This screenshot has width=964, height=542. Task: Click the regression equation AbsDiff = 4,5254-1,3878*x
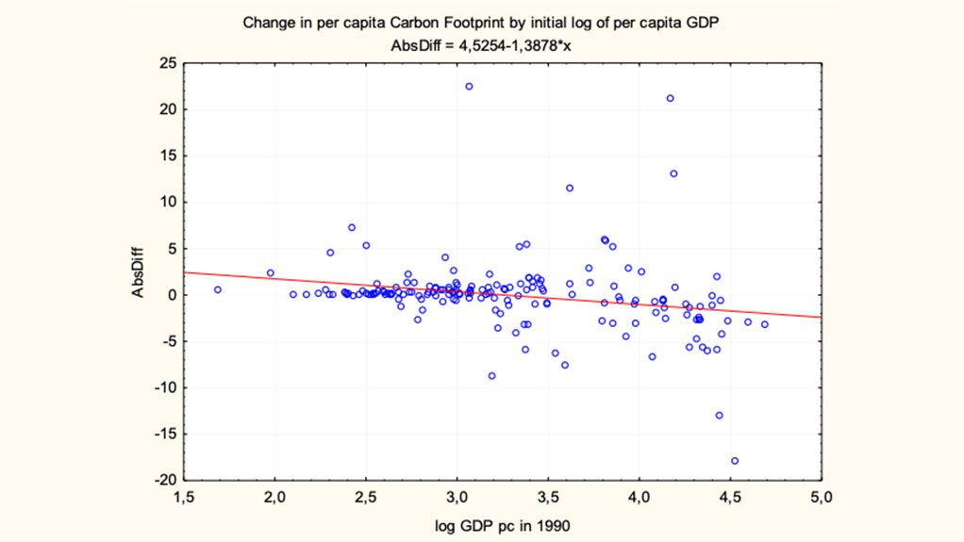point(481,43)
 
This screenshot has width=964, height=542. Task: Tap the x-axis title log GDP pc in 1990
point(502,524)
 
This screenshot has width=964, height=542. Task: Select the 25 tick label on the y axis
point(166,63)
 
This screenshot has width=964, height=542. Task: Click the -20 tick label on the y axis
point(164,480)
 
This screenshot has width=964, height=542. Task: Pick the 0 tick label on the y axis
point(171,295)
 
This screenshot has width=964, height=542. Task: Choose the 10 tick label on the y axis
point(166,202)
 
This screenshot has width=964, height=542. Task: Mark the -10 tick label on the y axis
point(164,387)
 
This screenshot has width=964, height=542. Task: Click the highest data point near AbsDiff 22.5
point(469,87)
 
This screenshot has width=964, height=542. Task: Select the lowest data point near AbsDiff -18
point(735,461)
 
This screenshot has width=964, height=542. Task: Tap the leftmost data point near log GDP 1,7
point(218,289)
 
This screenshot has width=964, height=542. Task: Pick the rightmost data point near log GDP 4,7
point(765,324)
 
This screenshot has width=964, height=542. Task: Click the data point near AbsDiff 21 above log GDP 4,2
point(670,98)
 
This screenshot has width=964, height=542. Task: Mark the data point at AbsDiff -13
point(719,415)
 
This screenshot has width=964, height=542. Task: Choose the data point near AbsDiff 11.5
point(570,188)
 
